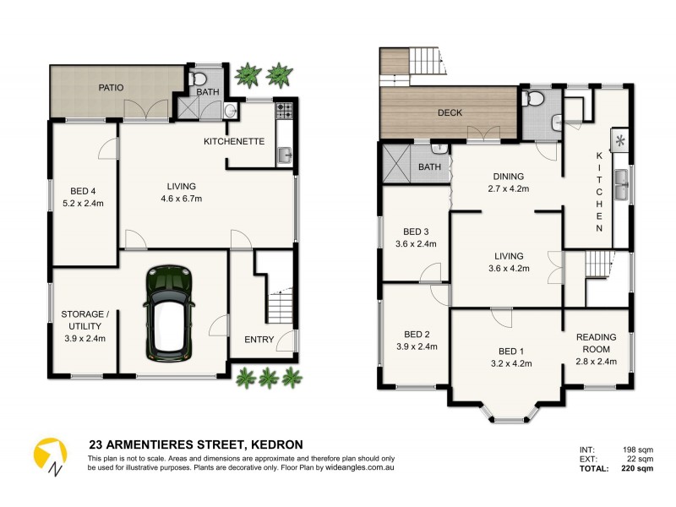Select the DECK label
pos(450,112)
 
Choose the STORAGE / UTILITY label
pos(83,320)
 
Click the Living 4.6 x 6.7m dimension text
pos(182,199)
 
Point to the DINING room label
pos(510,177)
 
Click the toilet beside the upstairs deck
pos(532,99)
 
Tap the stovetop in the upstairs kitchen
pos(620,140)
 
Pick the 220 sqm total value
pos(638,467)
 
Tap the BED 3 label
pos(417,232)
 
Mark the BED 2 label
pos(414,334)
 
